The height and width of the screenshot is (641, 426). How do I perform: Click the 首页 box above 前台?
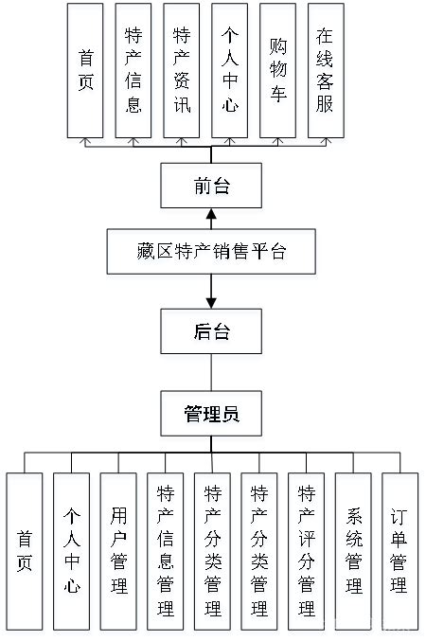pos(86,70)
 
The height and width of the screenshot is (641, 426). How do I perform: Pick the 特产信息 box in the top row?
pos(133,70)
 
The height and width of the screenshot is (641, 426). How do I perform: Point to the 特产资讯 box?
pos(182,70)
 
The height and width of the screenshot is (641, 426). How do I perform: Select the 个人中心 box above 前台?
pos(229,70)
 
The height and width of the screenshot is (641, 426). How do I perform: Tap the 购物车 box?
pos(277,70)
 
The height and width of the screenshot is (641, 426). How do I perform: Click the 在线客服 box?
pos(325,70)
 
